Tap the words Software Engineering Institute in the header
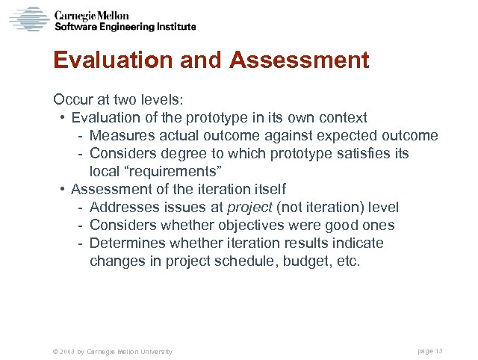[125, 27]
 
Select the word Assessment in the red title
[299, 60]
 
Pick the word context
[342, 117]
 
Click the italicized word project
[252, 207]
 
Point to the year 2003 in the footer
[66, 351]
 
